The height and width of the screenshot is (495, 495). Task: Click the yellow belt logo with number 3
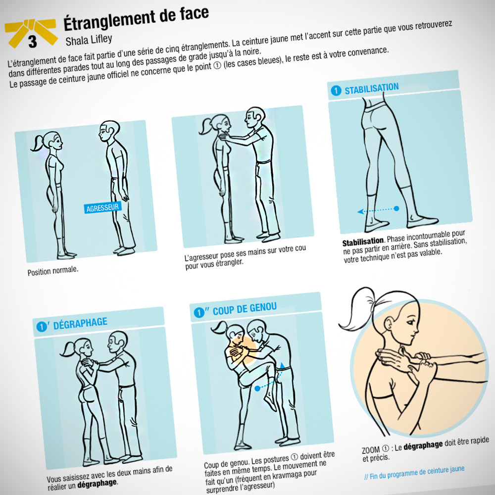click(31, 33)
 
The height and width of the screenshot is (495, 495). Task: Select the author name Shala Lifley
click(89, 40)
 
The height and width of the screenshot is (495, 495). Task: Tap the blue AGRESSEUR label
click(102, 208)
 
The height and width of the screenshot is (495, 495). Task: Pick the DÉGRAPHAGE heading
click(80, 323)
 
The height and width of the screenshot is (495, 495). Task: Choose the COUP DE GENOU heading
click(245, 308)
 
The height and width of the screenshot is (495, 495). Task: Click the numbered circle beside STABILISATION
click(336, 91)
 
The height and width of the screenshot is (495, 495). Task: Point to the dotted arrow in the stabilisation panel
click(378, 210)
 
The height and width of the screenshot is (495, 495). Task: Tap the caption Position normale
click(53, 271)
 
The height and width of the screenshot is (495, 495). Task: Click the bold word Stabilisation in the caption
click(363, 242)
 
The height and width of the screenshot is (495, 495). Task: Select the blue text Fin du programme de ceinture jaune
click(414, 473)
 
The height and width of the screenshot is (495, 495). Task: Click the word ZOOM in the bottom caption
click(371, 449)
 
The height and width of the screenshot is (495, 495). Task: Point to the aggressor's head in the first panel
click(109, 131)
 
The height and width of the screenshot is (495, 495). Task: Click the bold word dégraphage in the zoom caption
click(423, 445)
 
